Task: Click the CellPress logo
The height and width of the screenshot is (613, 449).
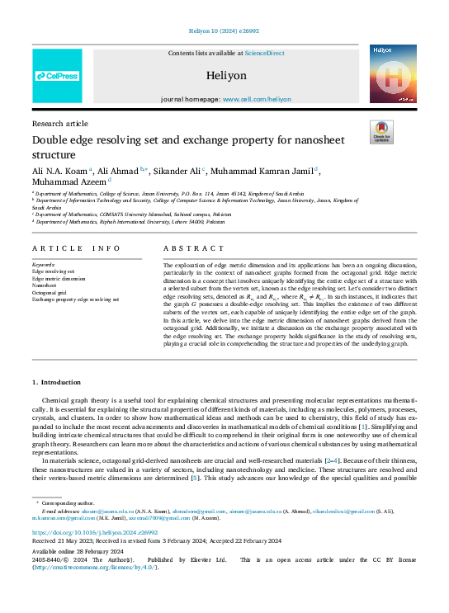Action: click(x=57, y=76)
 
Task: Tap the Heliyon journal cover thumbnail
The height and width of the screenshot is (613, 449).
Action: click(x=392, y=74)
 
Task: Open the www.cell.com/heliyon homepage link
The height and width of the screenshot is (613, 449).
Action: click(x=255, y=98)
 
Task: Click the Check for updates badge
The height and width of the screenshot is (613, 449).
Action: click(x=380, y=131)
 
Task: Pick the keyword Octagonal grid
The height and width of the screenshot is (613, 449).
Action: click(x=49, y=291)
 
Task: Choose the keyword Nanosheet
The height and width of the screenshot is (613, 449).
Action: click(x=45, y=285)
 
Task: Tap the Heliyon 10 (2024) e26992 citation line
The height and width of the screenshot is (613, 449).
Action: click(x=224, y=34)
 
